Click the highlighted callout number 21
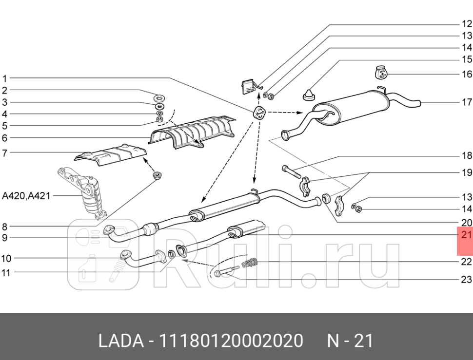(x=466, y=235)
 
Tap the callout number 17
(x=467, y=102)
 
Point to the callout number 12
(x=467, y=24)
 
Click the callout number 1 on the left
(x=4, y=78)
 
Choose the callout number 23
(x=467, y=280)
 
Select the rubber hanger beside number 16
(x=380, y=72)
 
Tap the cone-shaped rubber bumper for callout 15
(x=309, y=94)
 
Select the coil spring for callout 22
(x=249, y=264)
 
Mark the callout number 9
(x=4, y=238)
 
